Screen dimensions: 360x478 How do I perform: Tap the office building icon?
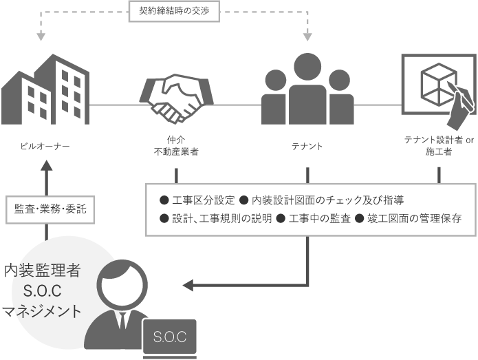click(x=45, y=86)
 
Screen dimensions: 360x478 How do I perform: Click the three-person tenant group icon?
click(x=308, y=89)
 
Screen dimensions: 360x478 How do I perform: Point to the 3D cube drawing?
click(x=435, y=81)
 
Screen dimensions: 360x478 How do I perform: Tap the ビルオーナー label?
click(x=45, y=147)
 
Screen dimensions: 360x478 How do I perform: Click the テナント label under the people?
click(x=307, y=147)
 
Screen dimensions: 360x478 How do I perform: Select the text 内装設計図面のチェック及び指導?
click(x=327, y=200)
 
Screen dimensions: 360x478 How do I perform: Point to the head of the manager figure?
click(x=121, y=284)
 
